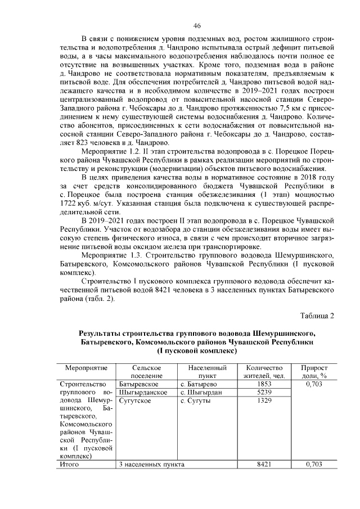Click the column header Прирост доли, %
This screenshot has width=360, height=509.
(314, 371)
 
